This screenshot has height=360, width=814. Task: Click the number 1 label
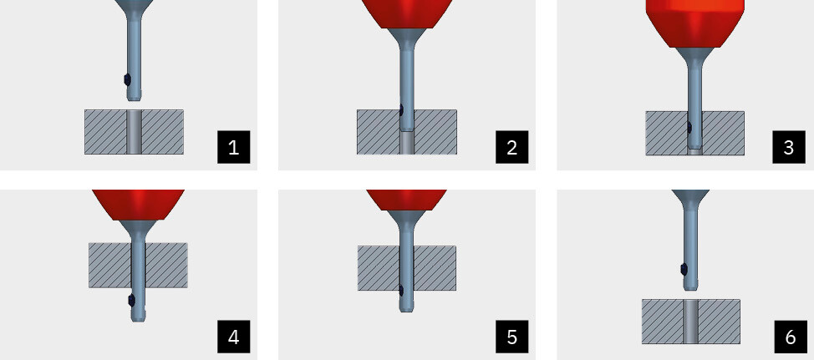(234, 147)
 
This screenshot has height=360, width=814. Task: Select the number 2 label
(511, 147)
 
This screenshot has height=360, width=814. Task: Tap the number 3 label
(789, 147)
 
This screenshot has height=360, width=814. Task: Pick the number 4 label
(234, 337)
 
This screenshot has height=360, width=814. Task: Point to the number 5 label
(511, 337)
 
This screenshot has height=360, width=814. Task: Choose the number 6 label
(790, 337)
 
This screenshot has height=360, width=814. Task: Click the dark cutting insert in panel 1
(127, 80)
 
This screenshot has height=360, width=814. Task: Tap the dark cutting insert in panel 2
(401, 110)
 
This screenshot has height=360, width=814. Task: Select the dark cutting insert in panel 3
(689, 127)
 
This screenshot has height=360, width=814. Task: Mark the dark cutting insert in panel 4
(131, 300)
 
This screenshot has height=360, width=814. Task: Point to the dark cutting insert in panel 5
(401, 291)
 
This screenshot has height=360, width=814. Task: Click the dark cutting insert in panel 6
(684, 269)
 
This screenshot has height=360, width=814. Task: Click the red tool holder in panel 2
(407, 14)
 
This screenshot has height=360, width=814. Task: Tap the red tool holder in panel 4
(138, 205)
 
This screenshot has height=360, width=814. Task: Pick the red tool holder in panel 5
(406, 200)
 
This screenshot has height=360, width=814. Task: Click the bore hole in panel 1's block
(134, 132)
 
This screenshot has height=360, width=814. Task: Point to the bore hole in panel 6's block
(690, 321)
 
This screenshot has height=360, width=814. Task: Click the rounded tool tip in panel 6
(690, 285)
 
